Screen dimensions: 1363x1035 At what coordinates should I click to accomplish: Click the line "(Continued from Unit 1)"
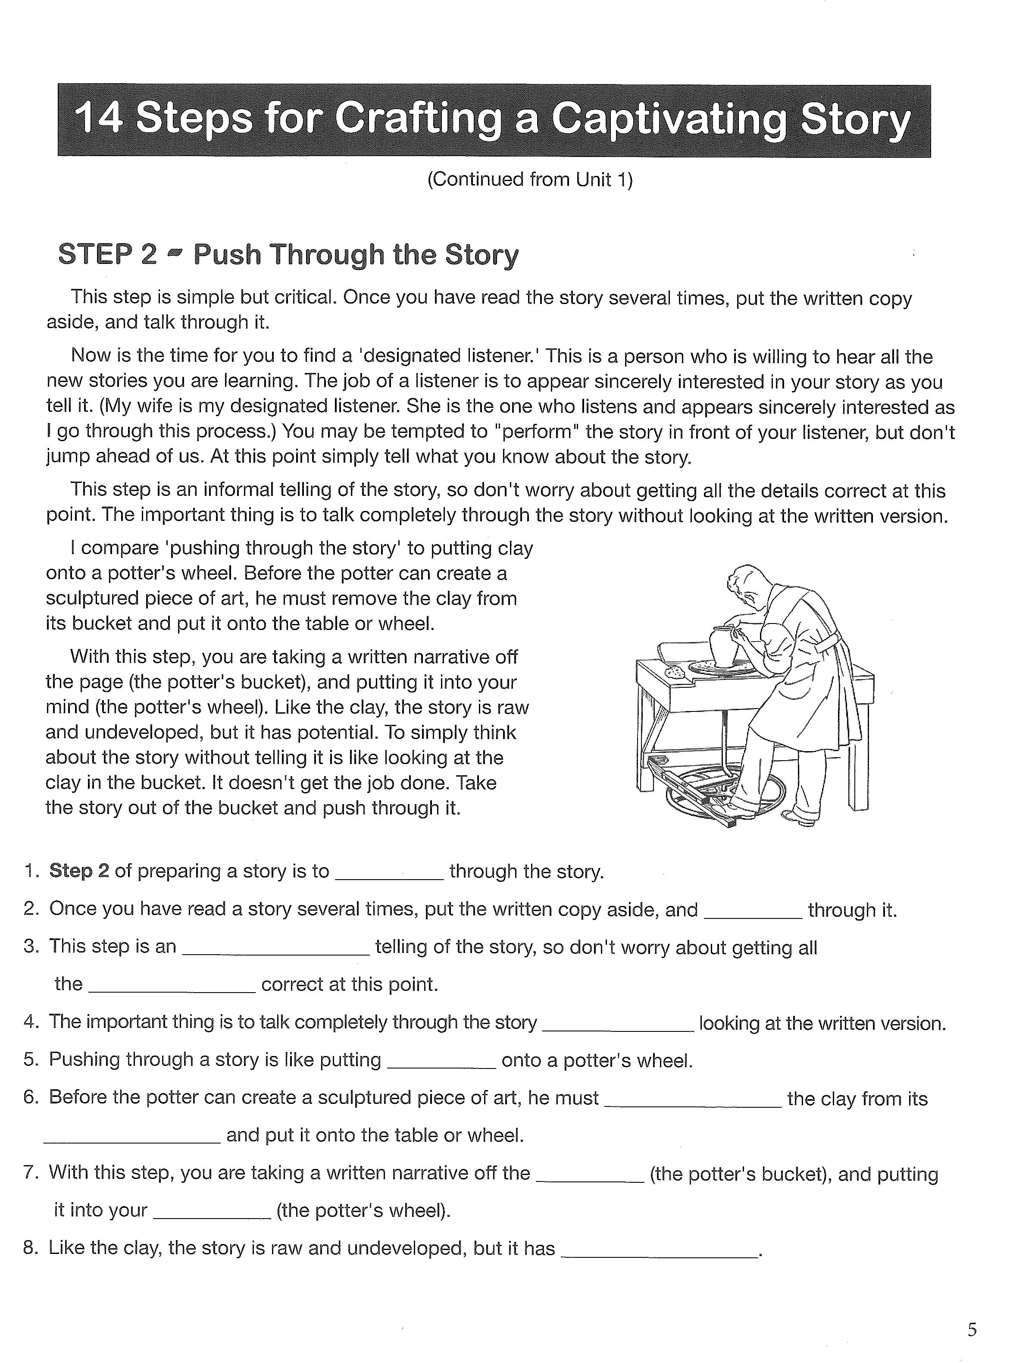point(530,179)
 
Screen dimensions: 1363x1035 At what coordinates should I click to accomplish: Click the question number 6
point(31,1097)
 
